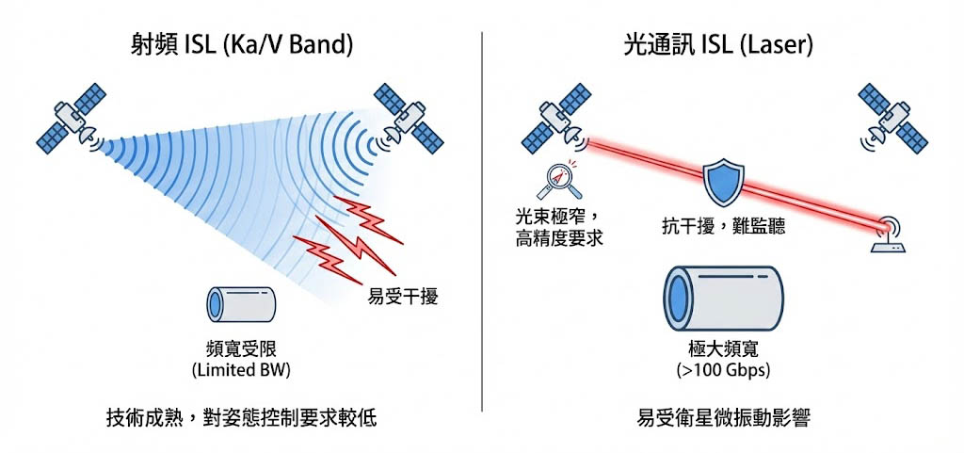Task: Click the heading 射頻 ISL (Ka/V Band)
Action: [x=242, y=43]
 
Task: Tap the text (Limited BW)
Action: [x=240, y=370]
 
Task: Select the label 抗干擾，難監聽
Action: [x=722, y=227]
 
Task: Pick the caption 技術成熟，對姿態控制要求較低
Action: [x=241, y=417]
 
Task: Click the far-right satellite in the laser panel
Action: [x=892, y=118]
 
